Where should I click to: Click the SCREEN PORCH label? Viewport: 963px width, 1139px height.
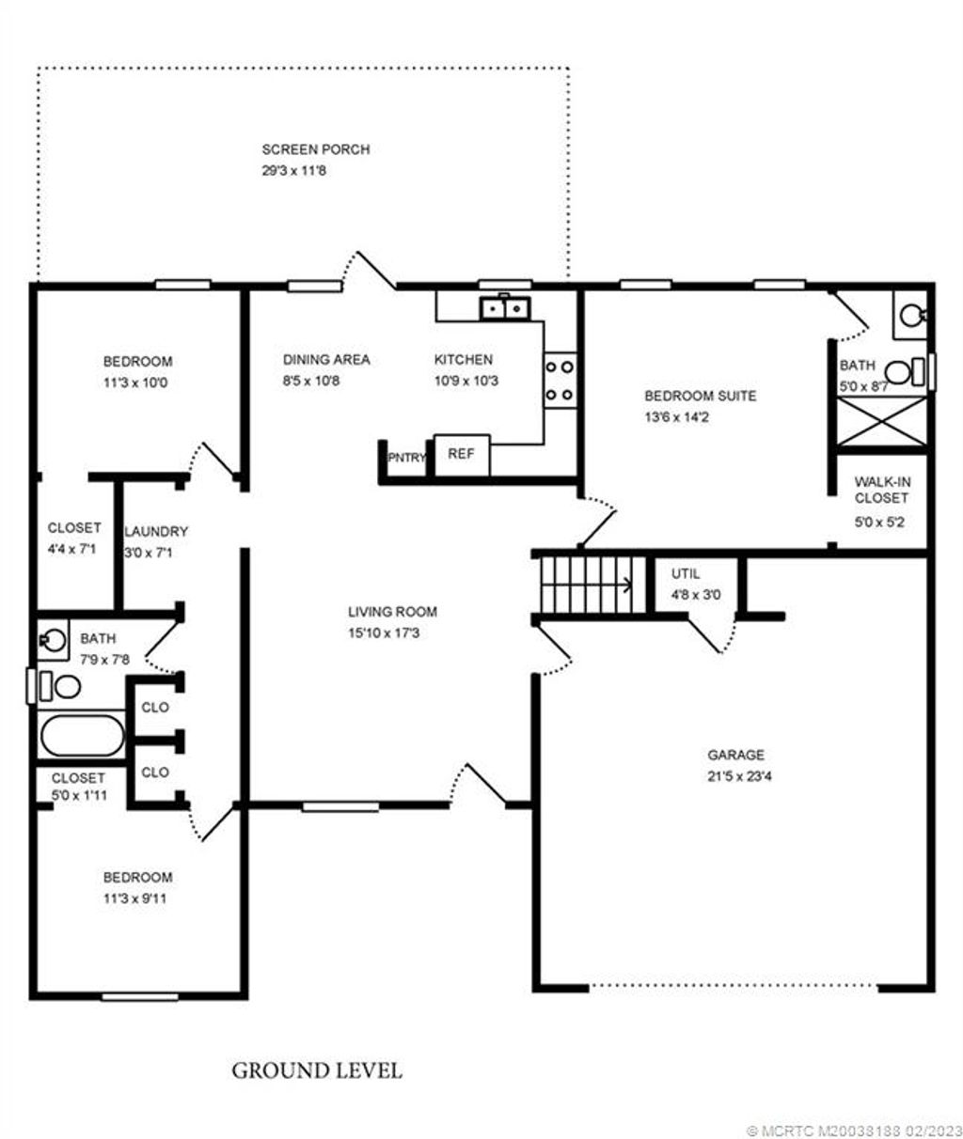pyautogui.click(x=315, y=149)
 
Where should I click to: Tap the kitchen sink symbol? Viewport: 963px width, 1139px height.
pyautogui.click(x=505, y=308)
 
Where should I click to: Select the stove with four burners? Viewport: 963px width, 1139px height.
pyautogui.click(x=560, y=381)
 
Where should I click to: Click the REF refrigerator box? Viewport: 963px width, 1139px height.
pyautogui.click(x=461, y=454)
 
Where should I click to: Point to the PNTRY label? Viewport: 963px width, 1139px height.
pyautogui.click(x=407, y=458)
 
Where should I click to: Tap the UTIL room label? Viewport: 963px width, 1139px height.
pyautogui.click(x=686, y=573)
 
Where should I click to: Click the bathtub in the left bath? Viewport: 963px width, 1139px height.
pyautogui.click(x=82, y=736)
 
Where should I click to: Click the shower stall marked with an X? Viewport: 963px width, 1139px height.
pyautogui.click(x=881, y=420)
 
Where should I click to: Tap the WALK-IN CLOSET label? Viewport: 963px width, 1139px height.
pyautogui.click(x=881, y=489)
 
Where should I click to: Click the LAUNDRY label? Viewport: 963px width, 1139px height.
pyautogui.click(x=156, y=531)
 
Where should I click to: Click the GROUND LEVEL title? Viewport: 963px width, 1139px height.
pyautogui.click(x=317, y=1070)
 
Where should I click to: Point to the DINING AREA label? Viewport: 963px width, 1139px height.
pyautogui.click(x=326, y=359)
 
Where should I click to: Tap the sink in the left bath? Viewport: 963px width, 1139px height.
pyautogui.click(x=53, y=642)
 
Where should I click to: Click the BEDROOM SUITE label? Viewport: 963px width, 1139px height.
pyautogui.click(x=700, y=396)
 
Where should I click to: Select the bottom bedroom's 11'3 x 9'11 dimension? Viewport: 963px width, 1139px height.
pyautogui.click(x=136, y=898)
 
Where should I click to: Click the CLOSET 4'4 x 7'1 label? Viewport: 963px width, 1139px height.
pyautogui.click(x=73, y=528)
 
